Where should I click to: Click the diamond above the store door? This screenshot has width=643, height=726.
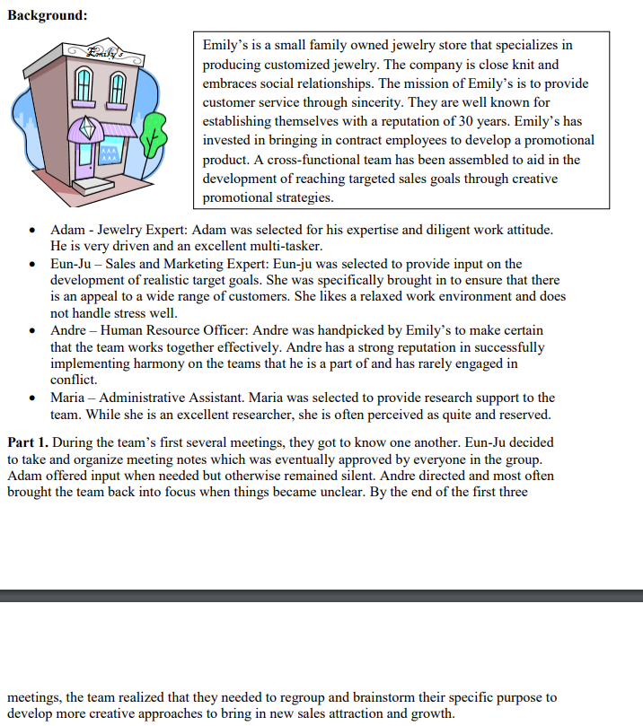(x=87, y=129)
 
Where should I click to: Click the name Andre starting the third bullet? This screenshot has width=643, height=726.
(x=68, y=330)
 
